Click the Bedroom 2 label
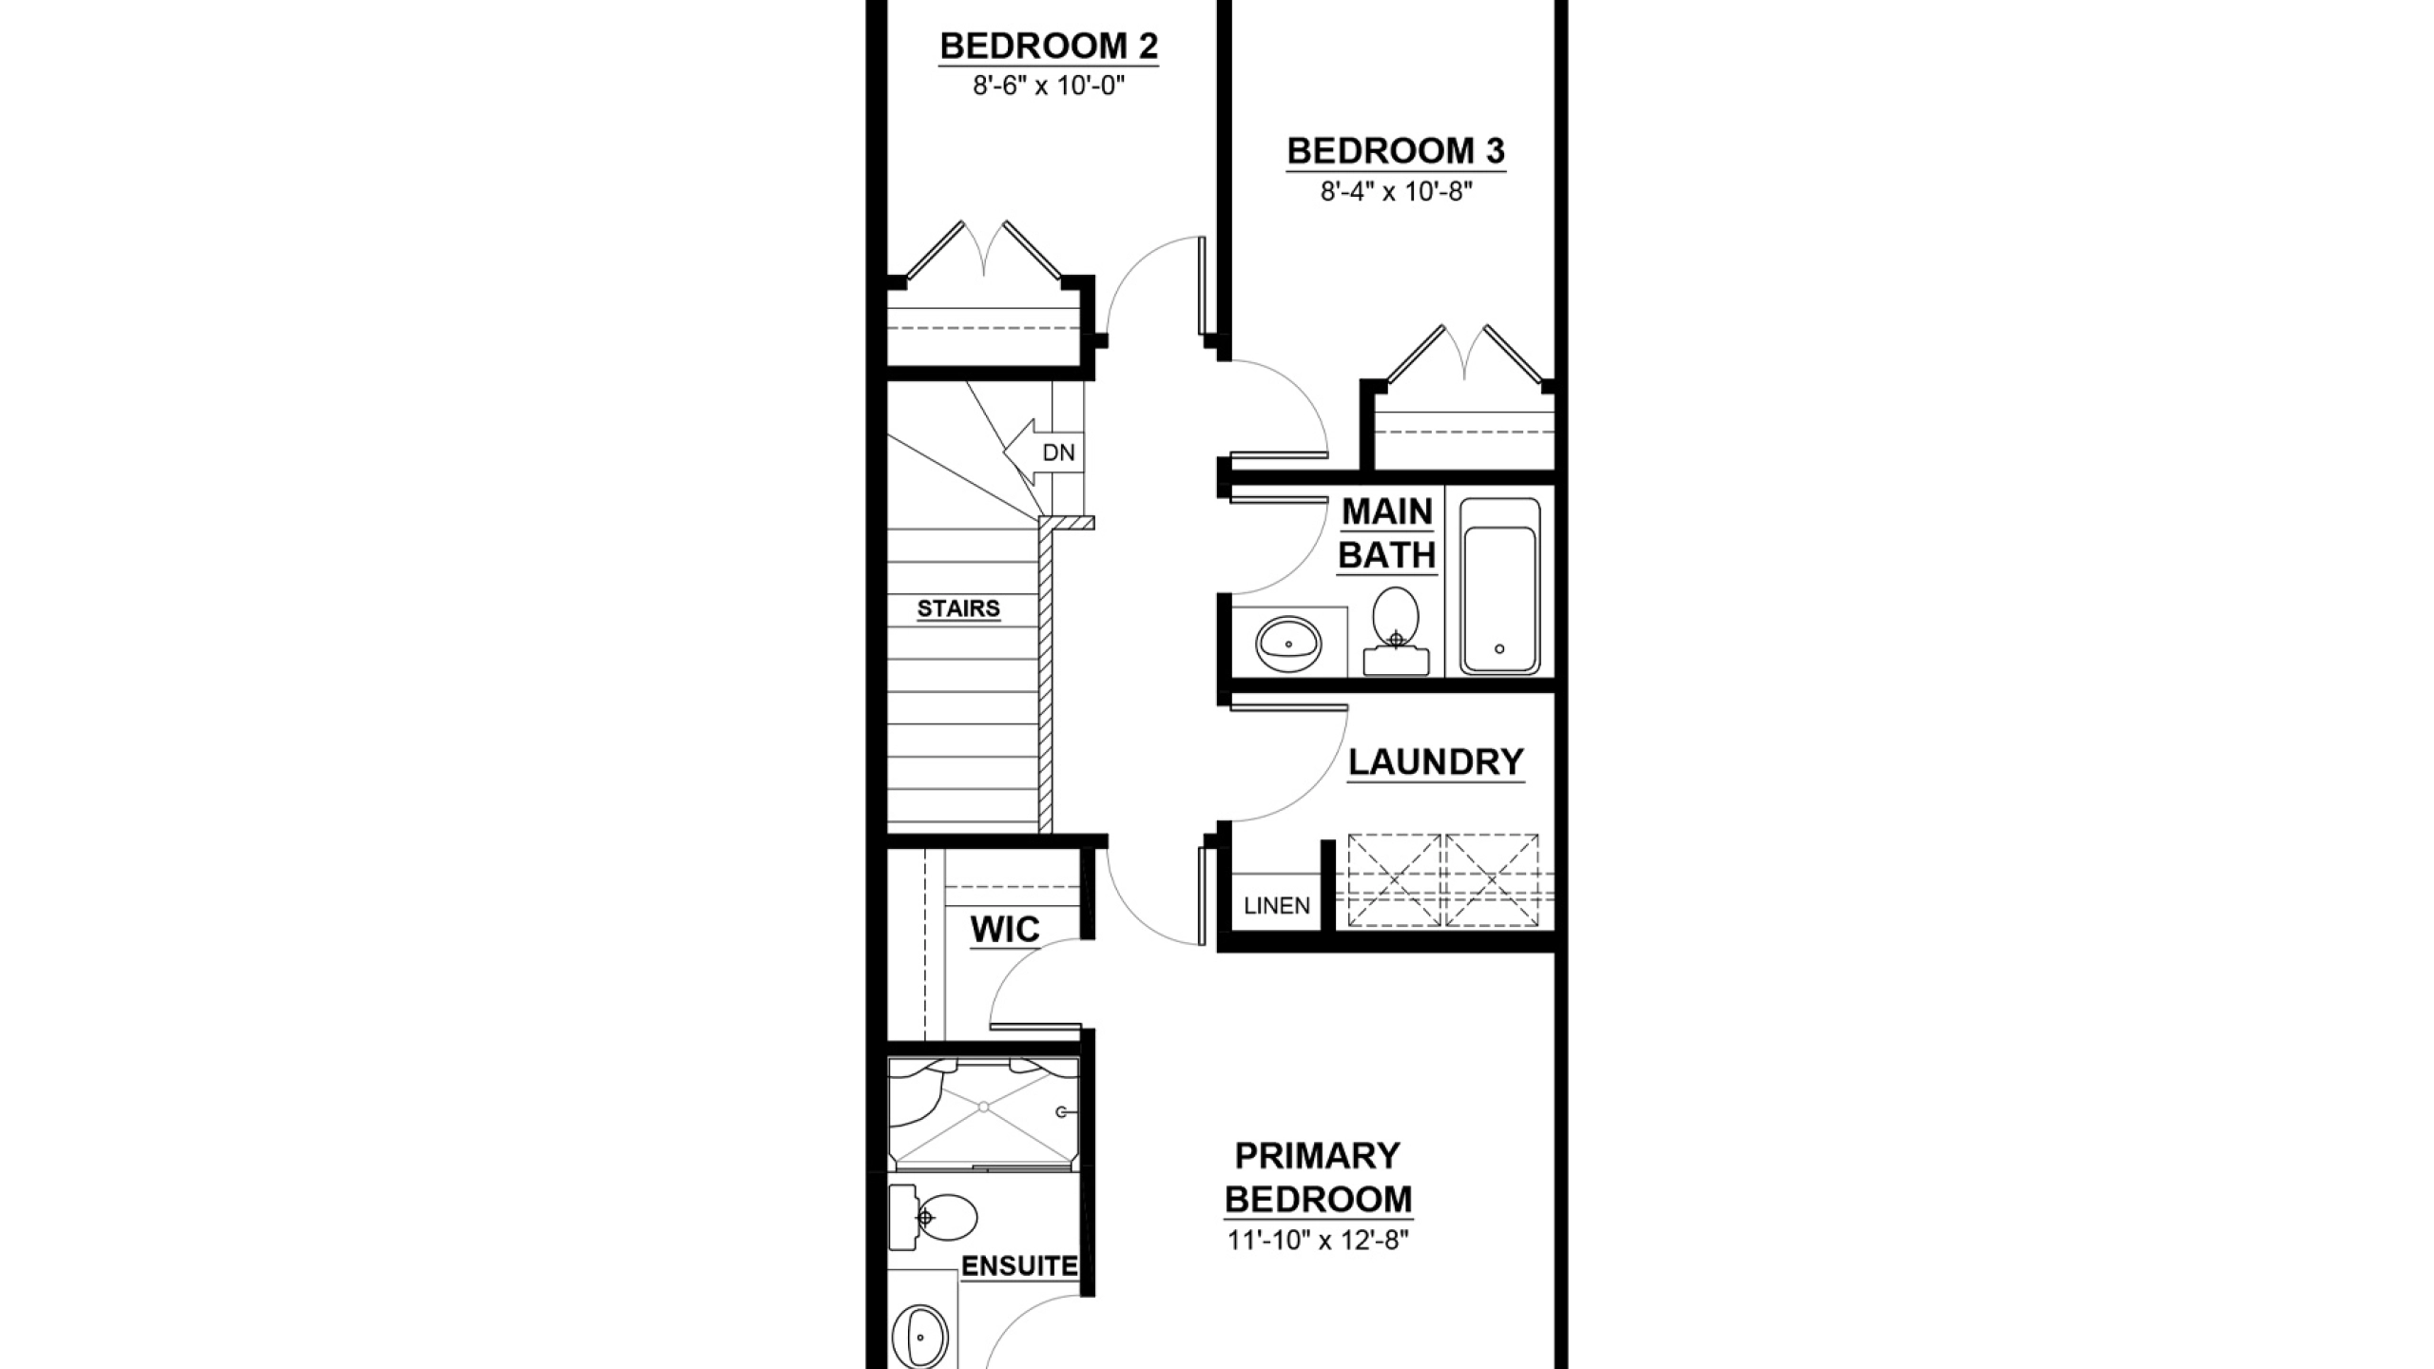tap(1049, 46)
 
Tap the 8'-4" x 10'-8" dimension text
tap(1396, 192)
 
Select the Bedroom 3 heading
tap(1396, 151)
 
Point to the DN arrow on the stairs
tap(1044, 453)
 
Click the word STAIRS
tap(958, 608)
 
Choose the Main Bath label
tap(1387, 533)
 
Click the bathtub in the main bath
tap(1499, 586)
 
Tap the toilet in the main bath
tap(1396, 631)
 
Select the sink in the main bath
tap(1288, 644)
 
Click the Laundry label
tap(1436, 762)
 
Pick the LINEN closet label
tap(1277, 906)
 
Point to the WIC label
tap(1005, 930)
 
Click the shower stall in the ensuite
tap(983, 1114)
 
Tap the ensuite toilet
tap(933, 1217)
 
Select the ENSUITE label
tap(1019, 1266)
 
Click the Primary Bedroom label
tap(1318, 1178)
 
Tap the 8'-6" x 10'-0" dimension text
tap(1049, 87)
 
